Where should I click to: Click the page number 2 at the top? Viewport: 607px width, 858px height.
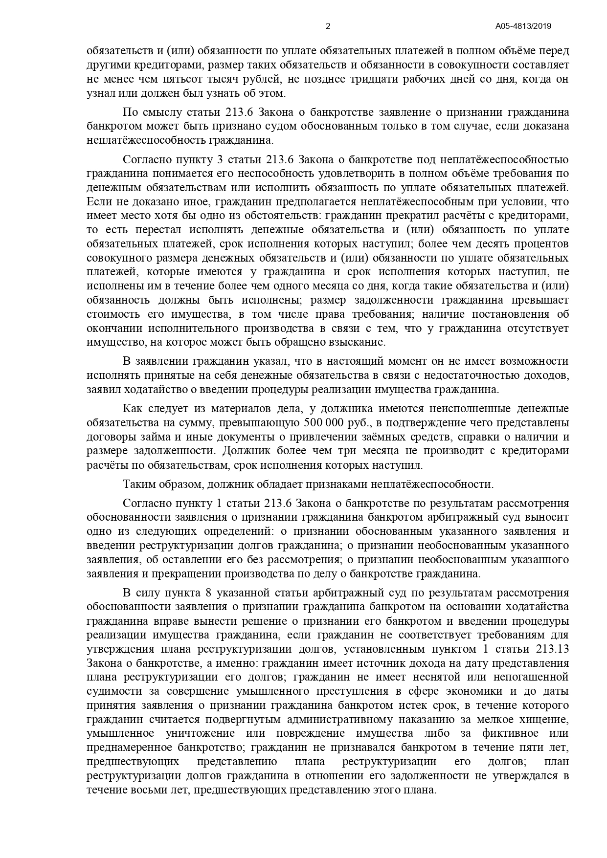coord(328,26)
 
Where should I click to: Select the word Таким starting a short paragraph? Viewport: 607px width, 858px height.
coord(138,484)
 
